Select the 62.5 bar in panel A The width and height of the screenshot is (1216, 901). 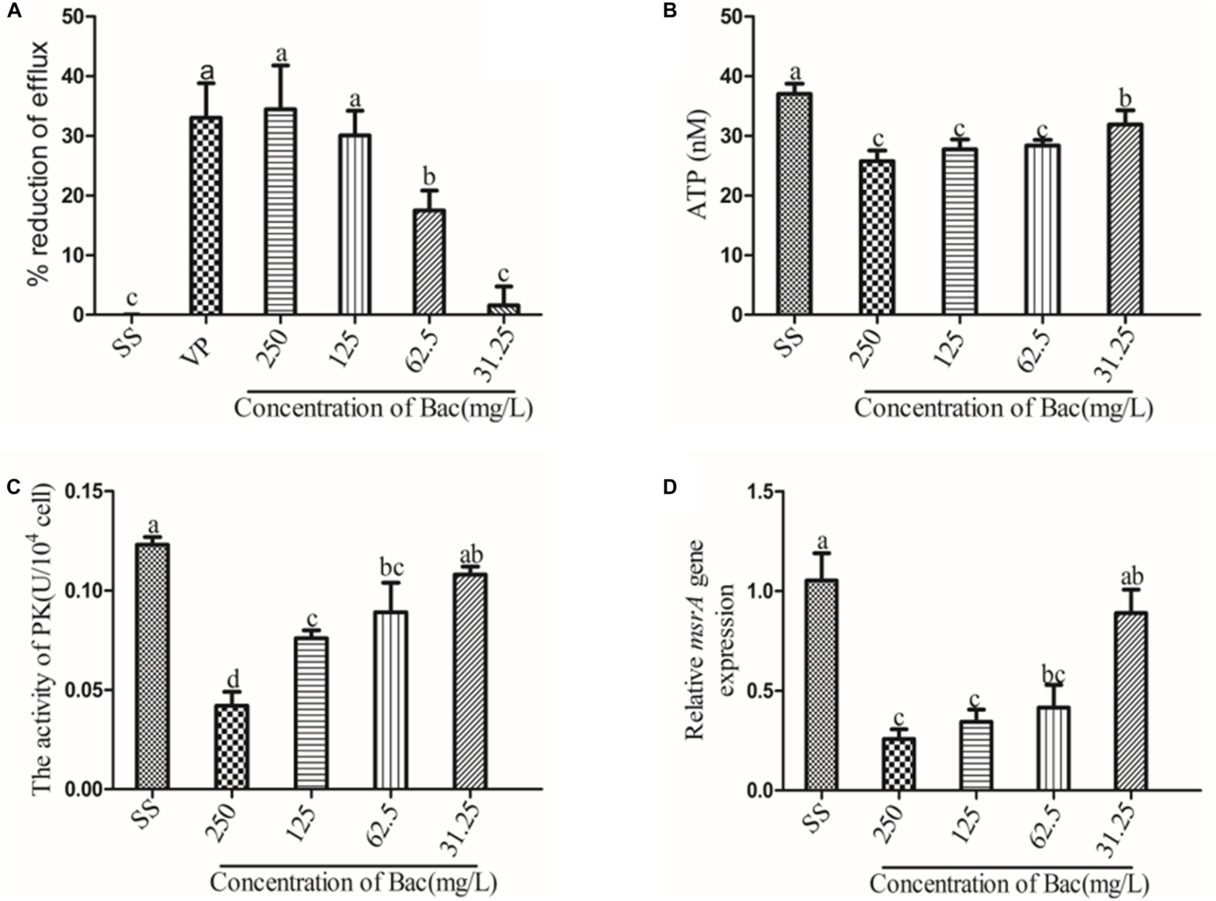click(429, 262)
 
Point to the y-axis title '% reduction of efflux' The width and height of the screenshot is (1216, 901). click(39, 162)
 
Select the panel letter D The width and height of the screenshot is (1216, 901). click(669, 487)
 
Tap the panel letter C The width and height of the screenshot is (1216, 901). click(13, 487)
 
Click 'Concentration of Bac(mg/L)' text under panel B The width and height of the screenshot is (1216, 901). click(1003, 409)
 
